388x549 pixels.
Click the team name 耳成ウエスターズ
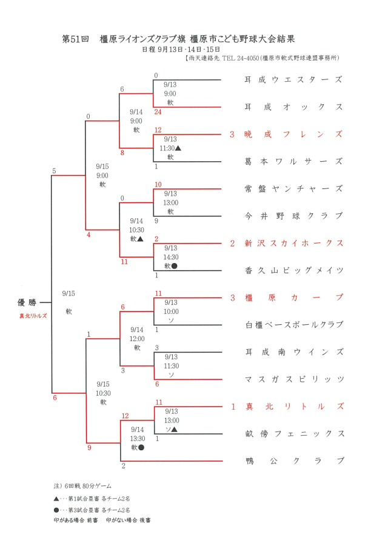point(294,79)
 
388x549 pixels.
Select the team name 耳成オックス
point(294,107)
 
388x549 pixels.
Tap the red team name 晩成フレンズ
point(294,134)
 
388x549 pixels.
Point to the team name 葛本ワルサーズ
point(294,161)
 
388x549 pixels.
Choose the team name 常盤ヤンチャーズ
point(294,188)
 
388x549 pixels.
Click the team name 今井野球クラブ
point(294,216)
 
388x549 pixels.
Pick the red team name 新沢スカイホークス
point(294,243)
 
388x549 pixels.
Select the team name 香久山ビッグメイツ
point(294,270)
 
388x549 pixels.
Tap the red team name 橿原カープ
point(294,298)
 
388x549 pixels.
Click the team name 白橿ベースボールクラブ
point(294,325)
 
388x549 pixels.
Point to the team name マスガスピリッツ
point(294,379)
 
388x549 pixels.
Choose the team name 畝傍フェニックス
point(294,434)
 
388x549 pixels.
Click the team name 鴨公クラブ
point(294,461)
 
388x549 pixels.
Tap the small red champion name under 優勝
point(32,316)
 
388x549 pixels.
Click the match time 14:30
point(170,256)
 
